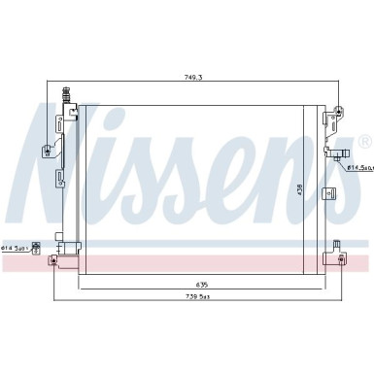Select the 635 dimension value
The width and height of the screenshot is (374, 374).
coord(201,256)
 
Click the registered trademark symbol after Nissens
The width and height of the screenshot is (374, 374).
coord(363,143)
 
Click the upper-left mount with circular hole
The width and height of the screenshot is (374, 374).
coord(46,150)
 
